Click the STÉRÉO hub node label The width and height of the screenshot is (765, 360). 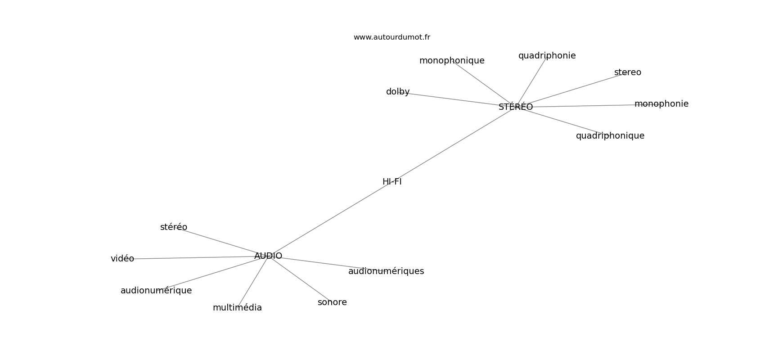point(516,107)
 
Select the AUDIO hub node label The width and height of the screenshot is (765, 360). point(268,256)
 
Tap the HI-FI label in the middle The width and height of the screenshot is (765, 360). point(392,182)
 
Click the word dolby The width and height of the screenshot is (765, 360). point(398,92)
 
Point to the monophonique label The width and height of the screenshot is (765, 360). point(452,61)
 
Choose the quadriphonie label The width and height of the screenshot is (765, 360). point(547,56)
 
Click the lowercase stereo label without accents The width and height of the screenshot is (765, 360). point(628,72)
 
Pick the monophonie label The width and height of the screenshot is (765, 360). point(661,104)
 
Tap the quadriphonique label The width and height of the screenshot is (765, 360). point(610,136)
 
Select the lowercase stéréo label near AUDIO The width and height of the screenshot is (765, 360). point(174,227)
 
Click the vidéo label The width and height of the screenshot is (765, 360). point(122,259)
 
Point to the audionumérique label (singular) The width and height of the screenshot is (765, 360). point(156,291)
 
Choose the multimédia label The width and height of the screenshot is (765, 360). point(237,308)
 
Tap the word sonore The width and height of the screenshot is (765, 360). point(332,302)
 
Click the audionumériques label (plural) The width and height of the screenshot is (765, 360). point(386,271)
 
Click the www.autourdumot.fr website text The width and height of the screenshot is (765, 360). point(391,37)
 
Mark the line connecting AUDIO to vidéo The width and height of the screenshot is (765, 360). point(193,258)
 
